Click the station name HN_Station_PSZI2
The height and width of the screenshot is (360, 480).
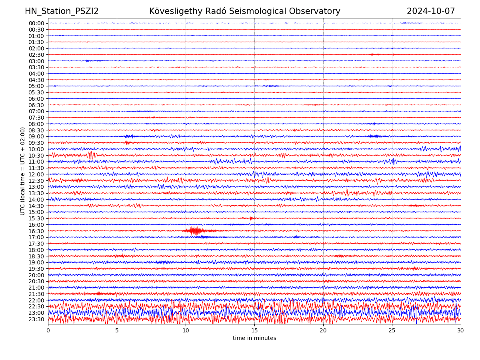click(62, 11)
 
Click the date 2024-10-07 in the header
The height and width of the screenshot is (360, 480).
click(431, 11)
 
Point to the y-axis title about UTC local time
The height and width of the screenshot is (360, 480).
click(23, 171)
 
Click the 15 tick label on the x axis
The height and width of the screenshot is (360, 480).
click(254, 330)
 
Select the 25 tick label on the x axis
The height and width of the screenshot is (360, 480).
click(392, 330)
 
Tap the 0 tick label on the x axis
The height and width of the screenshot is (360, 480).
click(48, 330)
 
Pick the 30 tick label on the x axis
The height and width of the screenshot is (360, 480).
click(461, 330)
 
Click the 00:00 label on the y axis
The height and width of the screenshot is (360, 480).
click(36, 23)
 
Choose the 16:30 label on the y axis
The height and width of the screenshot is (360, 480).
click(36, 231)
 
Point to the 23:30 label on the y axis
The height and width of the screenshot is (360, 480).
click(36, 319)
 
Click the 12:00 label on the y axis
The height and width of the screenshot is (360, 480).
click(36, 174)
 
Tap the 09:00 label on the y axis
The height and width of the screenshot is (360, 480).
click(36, 136)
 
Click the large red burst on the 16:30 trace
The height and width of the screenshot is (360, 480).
click(194, 230)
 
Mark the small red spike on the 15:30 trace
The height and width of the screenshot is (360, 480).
click(251, 218)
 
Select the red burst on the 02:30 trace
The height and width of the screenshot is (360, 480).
click(374, 54)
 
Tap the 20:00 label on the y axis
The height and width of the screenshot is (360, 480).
click(36, 275)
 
